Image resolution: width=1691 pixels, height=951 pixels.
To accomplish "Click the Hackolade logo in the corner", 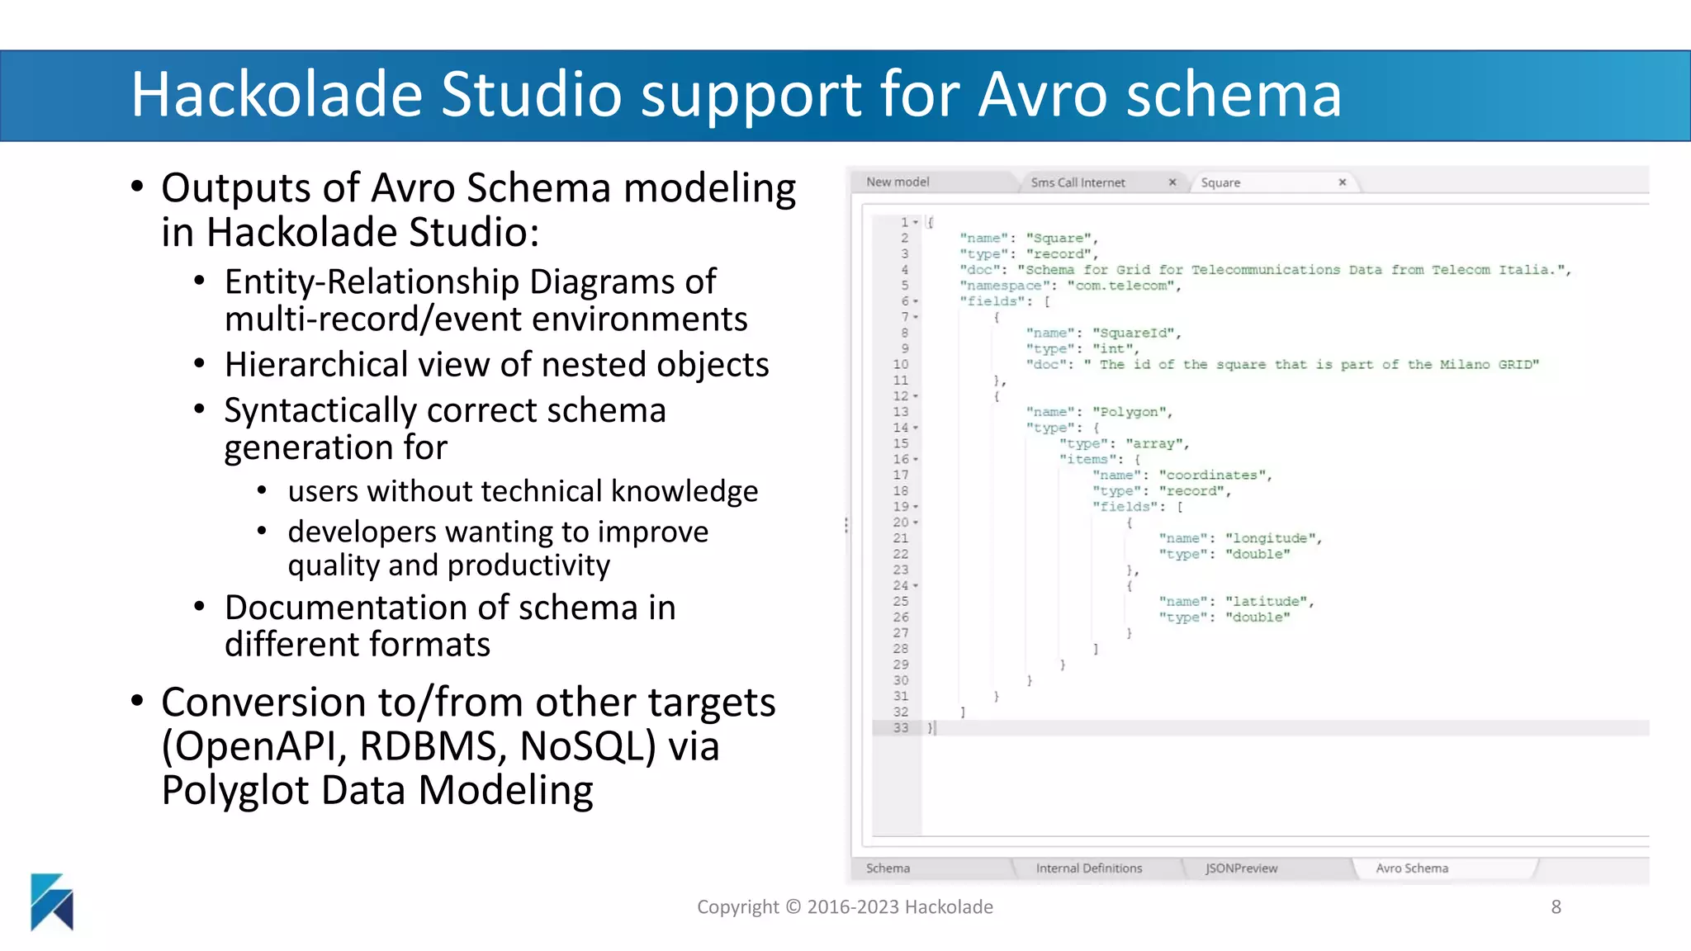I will pyautogui.click(x=51, y=901).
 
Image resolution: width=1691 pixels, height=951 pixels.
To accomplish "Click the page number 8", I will pyautogui.click(x=1556, y=906).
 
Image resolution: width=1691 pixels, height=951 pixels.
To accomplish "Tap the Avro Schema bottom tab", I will pyautogui.click(x=1411, y=868).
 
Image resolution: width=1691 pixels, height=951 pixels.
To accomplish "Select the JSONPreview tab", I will pyautogui.click(x=1240, y=868).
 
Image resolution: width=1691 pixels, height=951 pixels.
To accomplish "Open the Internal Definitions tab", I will pyautogui.click(x=1088, y=868).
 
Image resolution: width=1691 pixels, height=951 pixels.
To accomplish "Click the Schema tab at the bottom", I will pyautogui.click(x=888, y=868).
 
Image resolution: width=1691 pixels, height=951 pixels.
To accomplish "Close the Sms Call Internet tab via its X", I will pyautogui.click(x=1172, y=182).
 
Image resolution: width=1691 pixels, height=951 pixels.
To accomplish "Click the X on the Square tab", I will pyautogui.click(x=1342, y=182).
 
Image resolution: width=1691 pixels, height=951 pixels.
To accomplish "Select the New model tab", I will pyautogui.click(x=898, y=182).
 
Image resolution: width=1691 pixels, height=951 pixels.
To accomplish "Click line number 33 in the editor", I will pyautogui.click(x=900, y=728).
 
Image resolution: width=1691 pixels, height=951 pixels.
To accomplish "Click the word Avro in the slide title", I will pyautogui.click(x=1042, y=94).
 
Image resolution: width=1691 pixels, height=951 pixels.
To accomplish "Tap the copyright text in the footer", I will pyautogui.click(x=845, y=906).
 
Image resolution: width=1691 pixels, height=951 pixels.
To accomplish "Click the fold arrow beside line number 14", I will pyautogui.click(x=916, y=428).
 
